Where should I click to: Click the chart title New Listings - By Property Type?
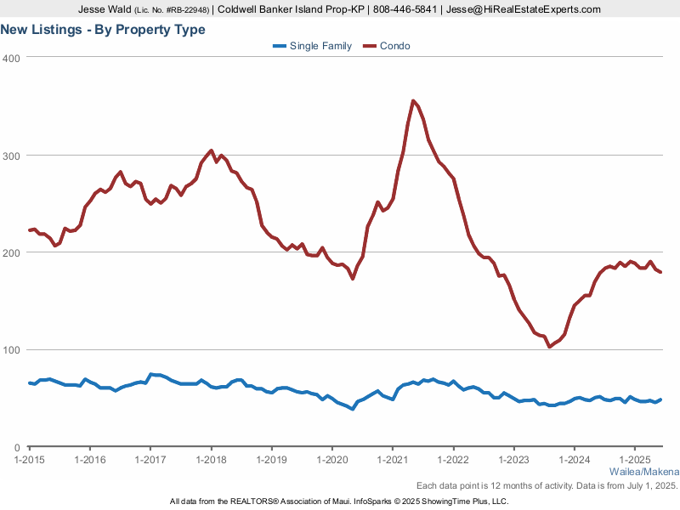[x=103, y=30]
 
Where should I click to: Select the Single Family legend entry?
[x=312, y=46]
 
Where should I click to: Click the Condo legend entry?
[x=387, y=46]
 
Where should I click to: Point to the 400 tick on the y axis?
[x=11, y=59]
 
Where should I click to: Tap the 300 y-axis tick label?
[x=11, y=156]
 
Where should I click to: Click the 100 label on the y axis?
[x=11, y=350]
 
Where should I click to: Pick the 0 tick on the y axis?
[x=17, y=448]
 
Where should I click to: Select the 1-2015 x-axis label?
[x=30, y=460]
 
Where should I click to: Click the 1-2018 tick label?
[x=211, y=460]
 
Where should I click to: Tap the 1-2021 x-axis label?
[x=393, y=460]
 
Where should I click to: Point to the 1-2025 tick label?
[x=635, y=460]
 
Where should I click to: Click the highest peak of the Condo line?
[x=413, y=101]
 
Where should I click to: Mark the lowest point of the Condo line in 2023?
[x=549, y=347]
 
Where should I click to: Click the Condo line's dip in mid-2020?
[x=353, y=278]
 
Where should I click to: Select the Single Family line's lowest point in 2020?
[x=353, y=409]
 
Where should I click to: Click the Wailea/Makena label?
[x=644, y=472]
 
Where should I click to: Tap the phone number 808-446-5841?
[x=405, y=9]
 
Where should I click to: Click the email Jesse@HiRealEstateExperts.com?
[x=524, y=9]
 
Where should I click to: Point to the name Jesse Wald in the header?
[x=105, y=9]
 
